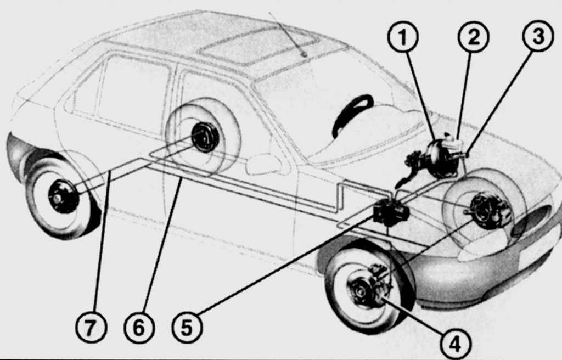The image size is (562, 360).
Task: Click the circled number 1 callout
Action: coord(403,37)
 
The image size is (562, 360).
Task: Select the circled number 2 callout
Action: coord(474,37)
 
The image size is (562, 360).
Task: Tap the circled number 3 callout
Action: coord(538,36)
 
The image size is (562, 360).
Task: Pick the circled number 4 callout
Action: coord(455,344)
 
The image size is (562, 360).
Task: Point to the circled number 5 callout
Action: coord(187,328)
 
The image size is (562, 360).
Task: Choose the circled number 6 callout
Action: coord(139,328)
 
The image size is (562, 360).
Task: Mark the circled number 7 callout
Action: coord(91,328)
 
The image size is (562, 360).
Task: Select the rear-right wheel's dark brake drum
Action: coord(205,137)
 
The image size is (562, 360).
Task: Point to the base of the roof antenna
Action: coord(304,55)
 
